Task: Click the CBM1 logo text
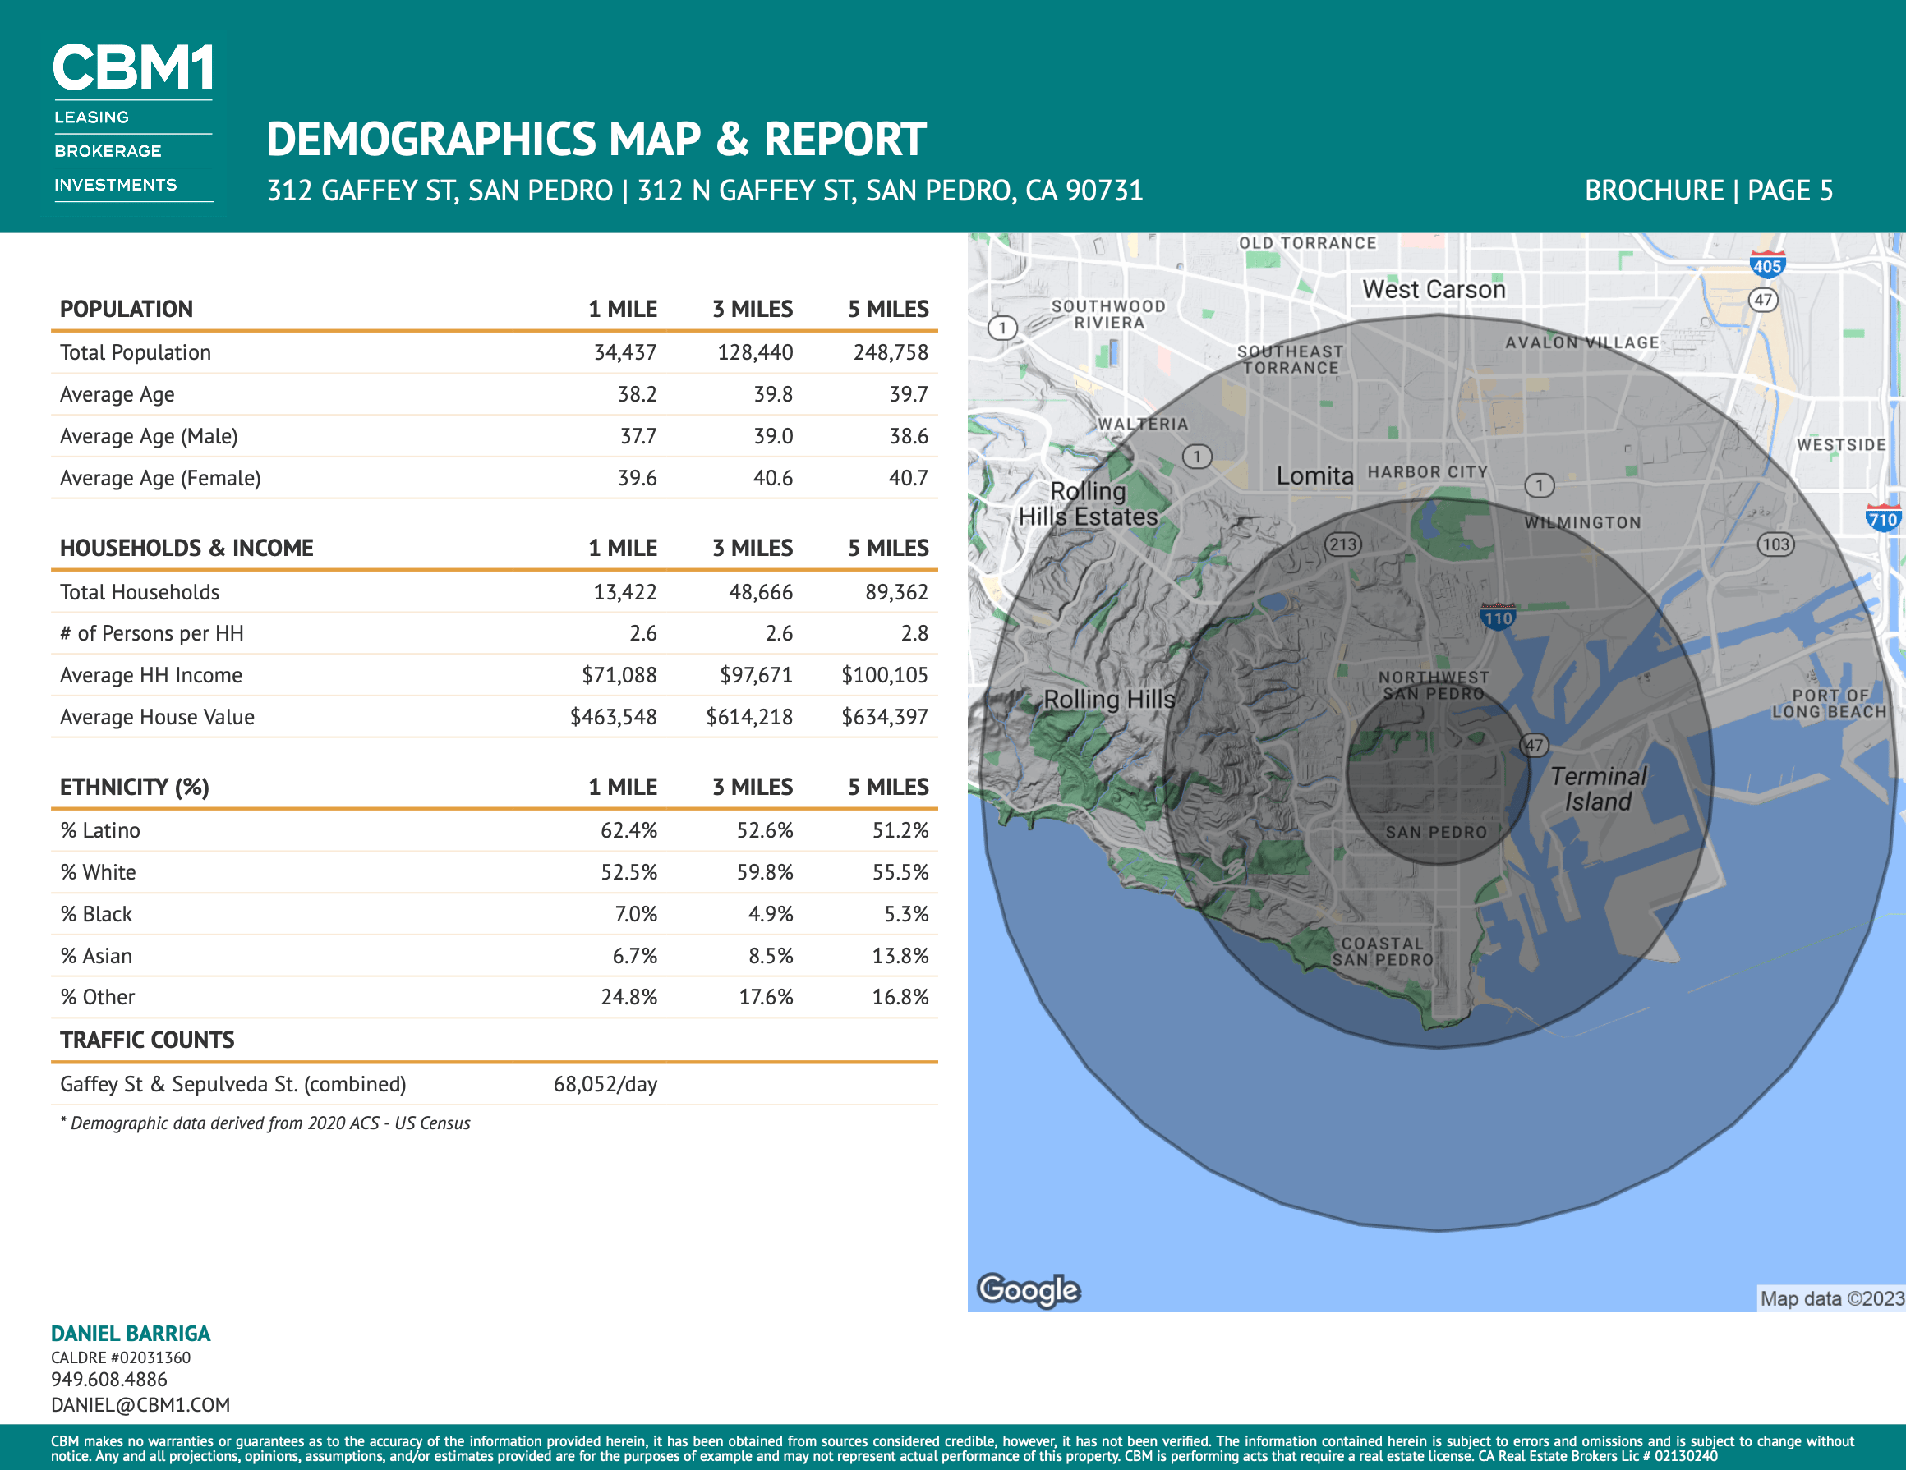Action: [x=132, y=67]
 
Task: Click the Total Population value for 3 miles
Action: [x=755, y=352]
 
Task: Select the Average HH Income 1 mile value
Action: [x=619, y=675]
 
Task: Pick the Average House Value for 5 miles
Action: [x=884, y=717]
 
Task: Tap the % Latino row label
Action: [x=100, y=830]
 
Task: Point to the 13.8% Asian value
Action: [x=900, y=956]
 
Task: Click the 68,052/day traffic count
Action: [x=605, y=1084]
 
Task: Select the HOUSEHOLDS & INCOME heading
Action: [x=186, y=548]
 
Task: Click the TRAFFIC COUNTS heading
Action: [x=148, y=1040]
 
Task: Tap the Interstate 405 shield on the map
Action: [x=1767, y=265]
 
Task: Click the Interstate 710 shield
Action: [x=1882, y=518]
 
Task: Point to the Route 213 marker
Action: [x=1343, y=544]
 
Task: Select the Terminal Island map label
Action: [x=1598, y=788]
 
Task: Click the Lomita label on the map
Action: [x=1315, y=475]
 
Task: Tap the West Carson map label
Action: [x=1434, y=289]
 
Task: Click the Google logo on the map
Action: [x=1029, y=1289]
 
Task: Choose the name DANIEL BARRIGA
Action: [x=131, y=1333]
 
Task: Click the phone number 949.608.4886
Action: [x=109, y=1380]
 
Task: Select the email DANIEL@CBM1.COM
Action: [x=140, y=1404]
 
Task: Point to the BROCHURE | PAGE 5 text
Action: [x=1709, y=191]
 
